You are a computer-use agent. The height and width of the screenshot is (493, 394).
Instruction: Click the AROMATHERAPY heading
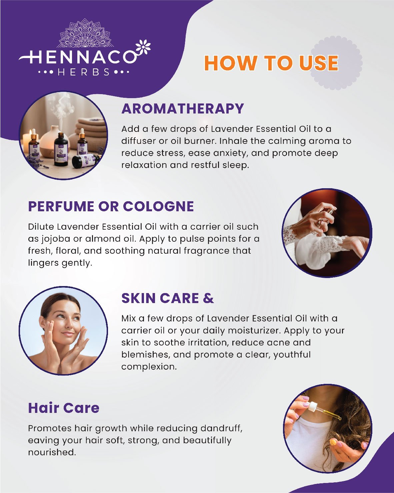(183, 109)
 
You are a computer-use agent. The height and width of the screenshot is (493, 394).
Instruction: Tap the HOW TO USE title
(271, 63)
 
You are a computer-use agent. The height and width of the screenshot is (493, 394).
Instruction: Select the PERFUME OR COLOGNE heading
(111, 206)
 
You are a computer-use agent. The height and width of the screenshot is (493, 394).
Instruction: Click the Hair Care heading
(64, 408)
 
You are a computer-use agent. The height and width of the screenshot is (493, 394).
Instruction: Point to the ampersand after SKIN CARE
(208, 298)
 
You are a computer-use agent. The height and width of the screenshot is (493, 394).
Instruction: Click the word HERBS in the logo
(84, 72)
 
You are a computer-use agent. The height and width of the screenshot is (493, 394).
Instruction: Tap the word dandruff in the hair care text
(221, 428)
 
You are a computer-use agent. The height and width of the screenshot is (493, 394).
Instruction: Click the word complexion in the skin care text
(149, 366)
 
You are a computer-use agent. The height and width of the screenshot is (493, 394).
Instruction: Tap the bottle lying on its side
(86, 160)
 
